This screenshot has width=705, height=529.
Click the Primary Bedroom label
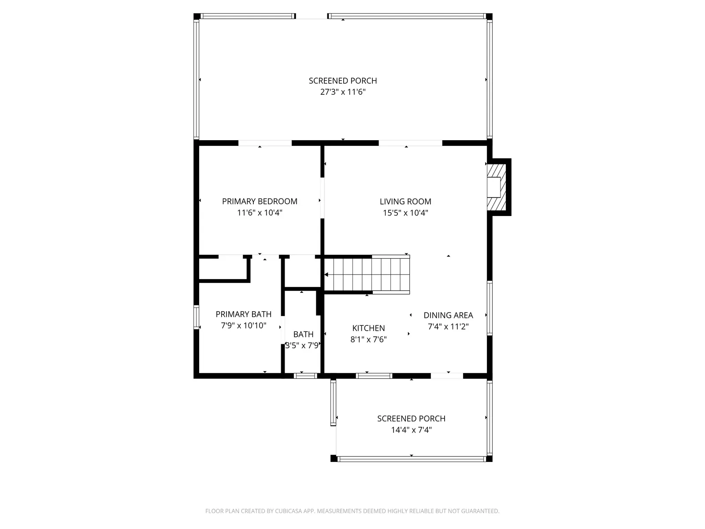point(260,201)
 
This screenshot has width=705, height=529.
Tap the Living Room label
point(405,201)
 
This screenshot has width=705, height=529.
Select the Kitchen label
point(368,328)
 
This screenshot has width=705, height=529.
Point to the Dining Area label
point(448,315)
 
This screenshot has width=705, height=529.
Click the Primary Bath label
point(243,314)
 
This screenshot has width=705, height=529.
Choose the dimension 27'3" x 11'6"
point(343,92)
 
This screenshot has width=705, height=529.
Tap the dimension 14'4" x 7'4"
point(411,430)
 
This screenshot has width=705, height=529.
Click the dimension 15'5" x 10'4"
point(405,213)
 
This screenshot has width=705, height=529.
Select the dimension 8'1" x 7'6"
point(368,339)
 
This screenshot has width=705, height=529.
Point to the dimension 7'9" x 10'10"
point(243,326)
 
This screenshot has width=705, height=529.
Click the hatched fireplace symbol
point(496,186)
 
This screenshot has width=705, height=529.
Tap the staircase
point(367,274)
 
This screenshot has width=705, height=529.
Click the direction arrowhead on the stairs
point(327,275)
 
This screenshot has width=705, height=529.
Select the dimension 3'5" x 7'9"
point(302,346)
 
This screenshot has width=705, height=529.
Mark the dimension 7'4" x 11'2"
point(448,327)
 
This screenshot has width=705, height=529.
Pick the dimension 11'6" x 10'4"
point(260,213)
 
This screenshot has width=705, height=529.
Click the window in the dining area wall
point(490,308)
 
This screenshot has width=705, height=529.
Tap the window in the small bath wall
point(305,376)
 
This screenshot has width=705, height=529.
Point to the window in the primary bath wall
point(196,317)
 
